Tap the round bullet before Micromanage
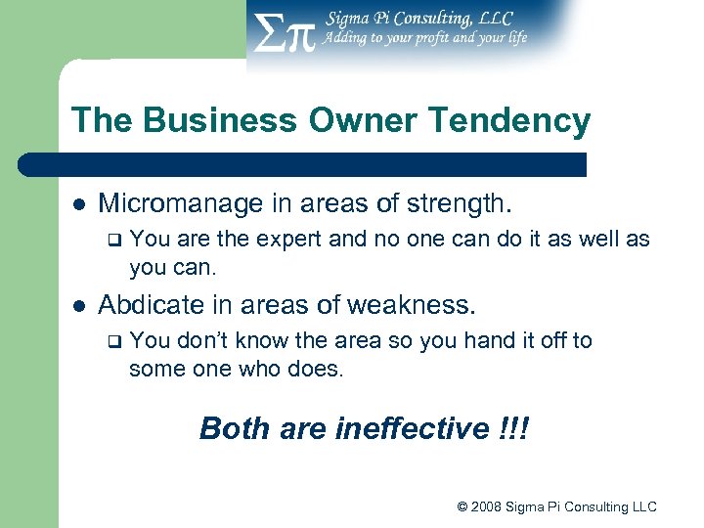(x=78, y=204)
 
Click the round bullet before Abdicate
(x=78, y=306)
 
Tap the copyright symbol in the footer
(x=462, y=506)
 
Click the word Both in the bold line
(x=233, y=428)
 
